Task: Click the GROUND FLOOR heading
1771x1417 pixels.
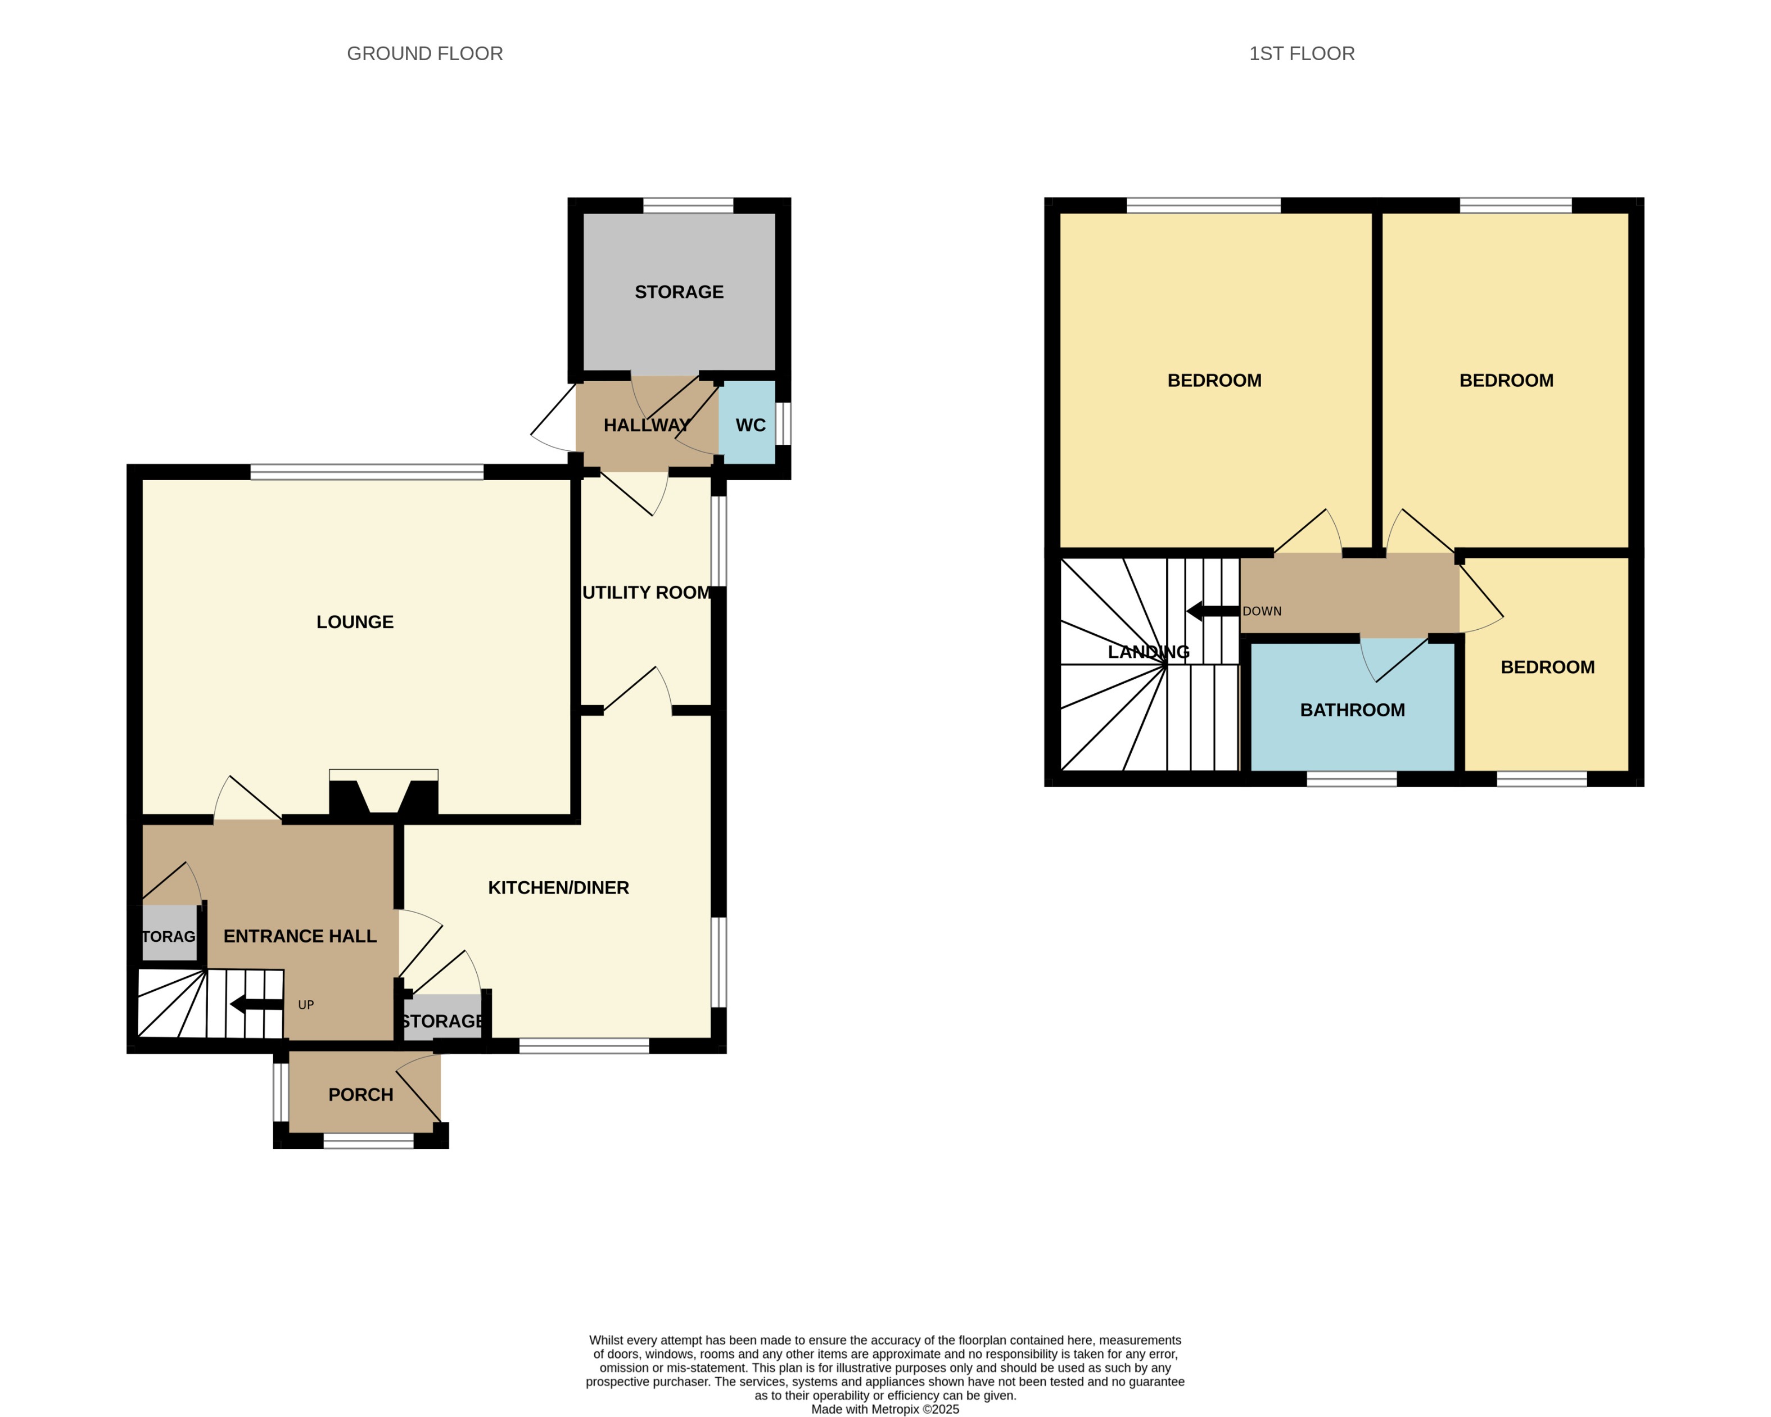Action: tap(424, 54)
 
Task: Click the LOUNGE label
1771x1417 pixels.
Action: tap(355, 622)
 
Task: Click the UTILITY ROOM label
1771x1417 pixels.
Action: tap(647, 592)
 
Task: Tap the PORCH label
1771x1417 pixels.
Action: tap(360, 1094)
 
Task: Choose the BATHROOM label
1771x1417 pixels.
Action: tap(1352, 710)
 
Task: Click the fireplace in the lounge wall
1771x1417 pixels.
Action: tap(383, 793)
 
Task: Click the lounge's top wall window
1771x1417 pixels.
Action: tap(367, 472)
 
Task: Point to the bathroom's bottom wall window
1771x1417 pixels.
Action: tap(1351, 779)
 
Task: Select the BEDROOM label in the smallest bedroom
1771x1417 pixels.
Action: tap(1548, 667)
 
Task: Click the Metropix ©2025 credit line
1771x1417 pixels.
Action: tap(885, 1409)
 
